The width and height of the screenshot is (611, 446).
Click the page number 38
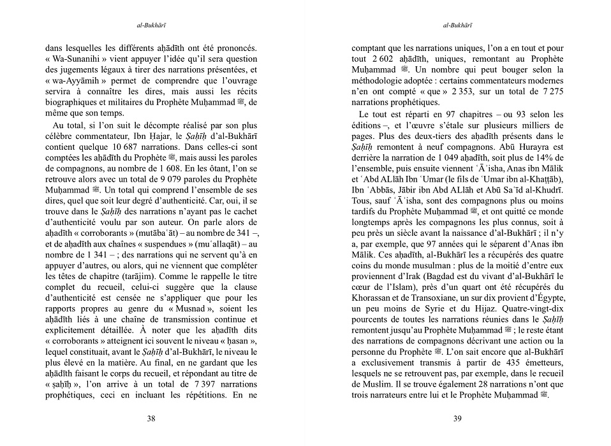click(151, 419)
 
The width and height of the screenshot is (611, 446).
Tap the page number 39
click(457, 419)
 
